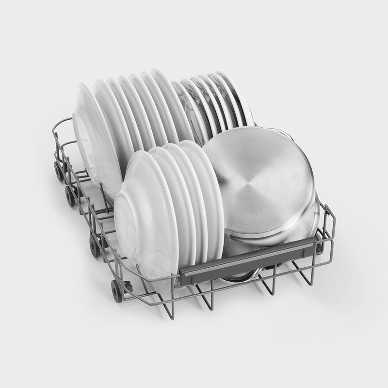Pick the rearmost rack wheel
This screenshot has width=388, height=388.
pyautogui.click(x=60, y=171)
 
